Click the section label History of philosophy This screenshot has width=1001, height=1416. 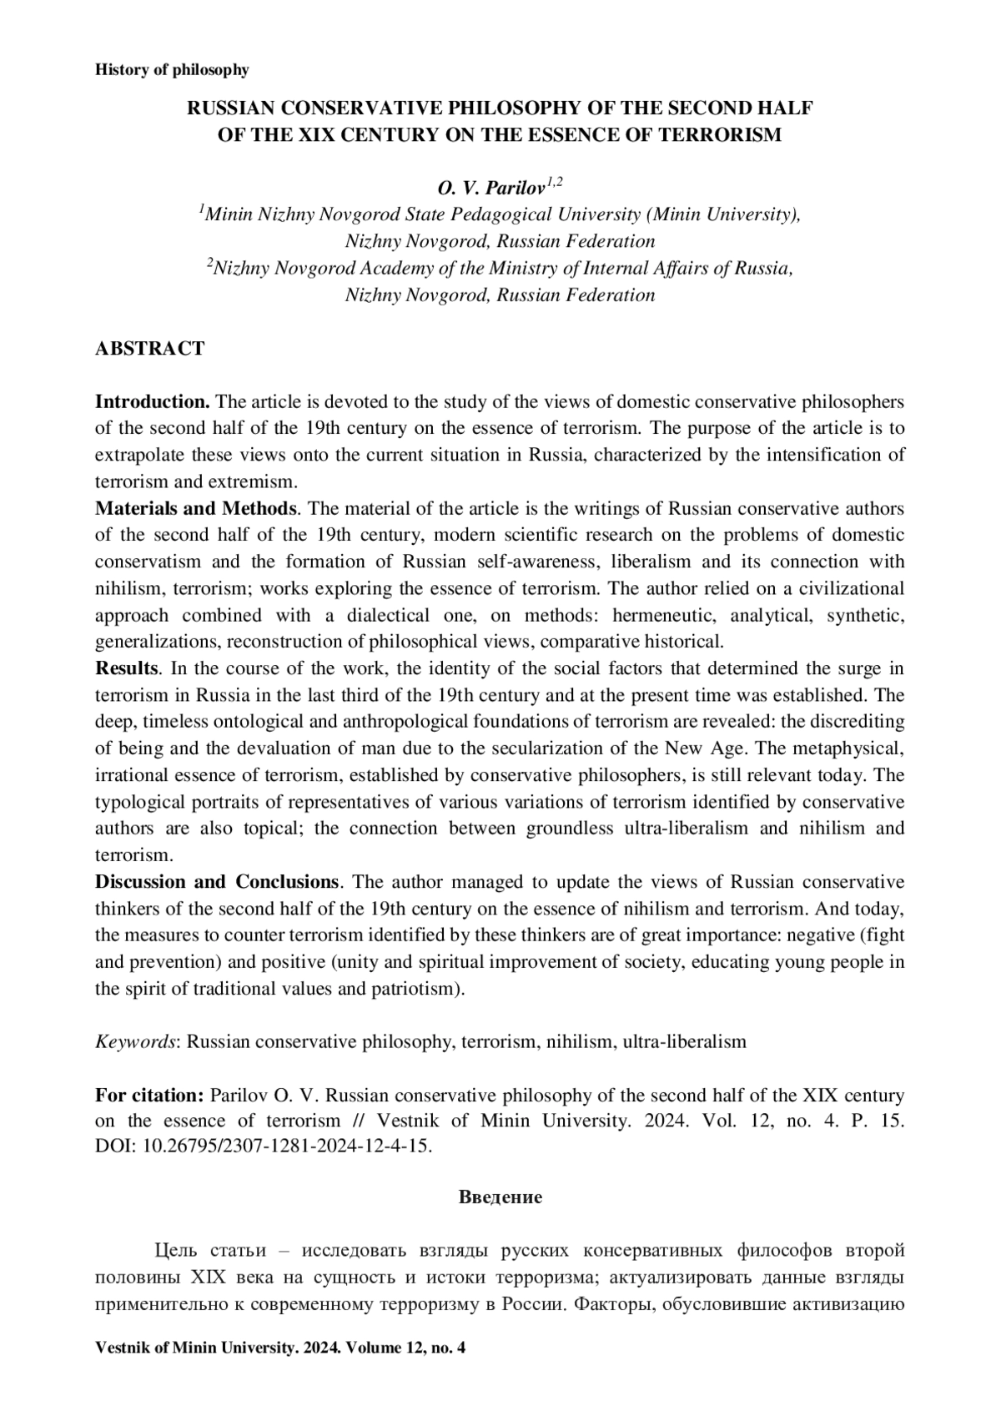(x=172, y=70)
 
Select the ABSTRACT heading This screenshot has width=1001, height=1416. (x=150, y=349)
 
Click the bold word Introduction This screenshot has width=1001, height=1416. (x=152, y=401)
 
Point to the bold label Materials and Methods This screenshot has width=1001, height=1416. (x=196, y=508)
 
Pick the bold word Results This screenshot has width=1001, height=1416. (x=126, y=668)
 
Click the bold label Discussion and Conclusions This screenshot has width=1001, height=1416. (x=217, y=882)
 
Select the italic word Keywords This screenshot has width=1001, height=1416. (x=136, y=1042)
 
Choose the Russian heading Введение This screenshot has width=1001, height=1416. (x=500, y=1198)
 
